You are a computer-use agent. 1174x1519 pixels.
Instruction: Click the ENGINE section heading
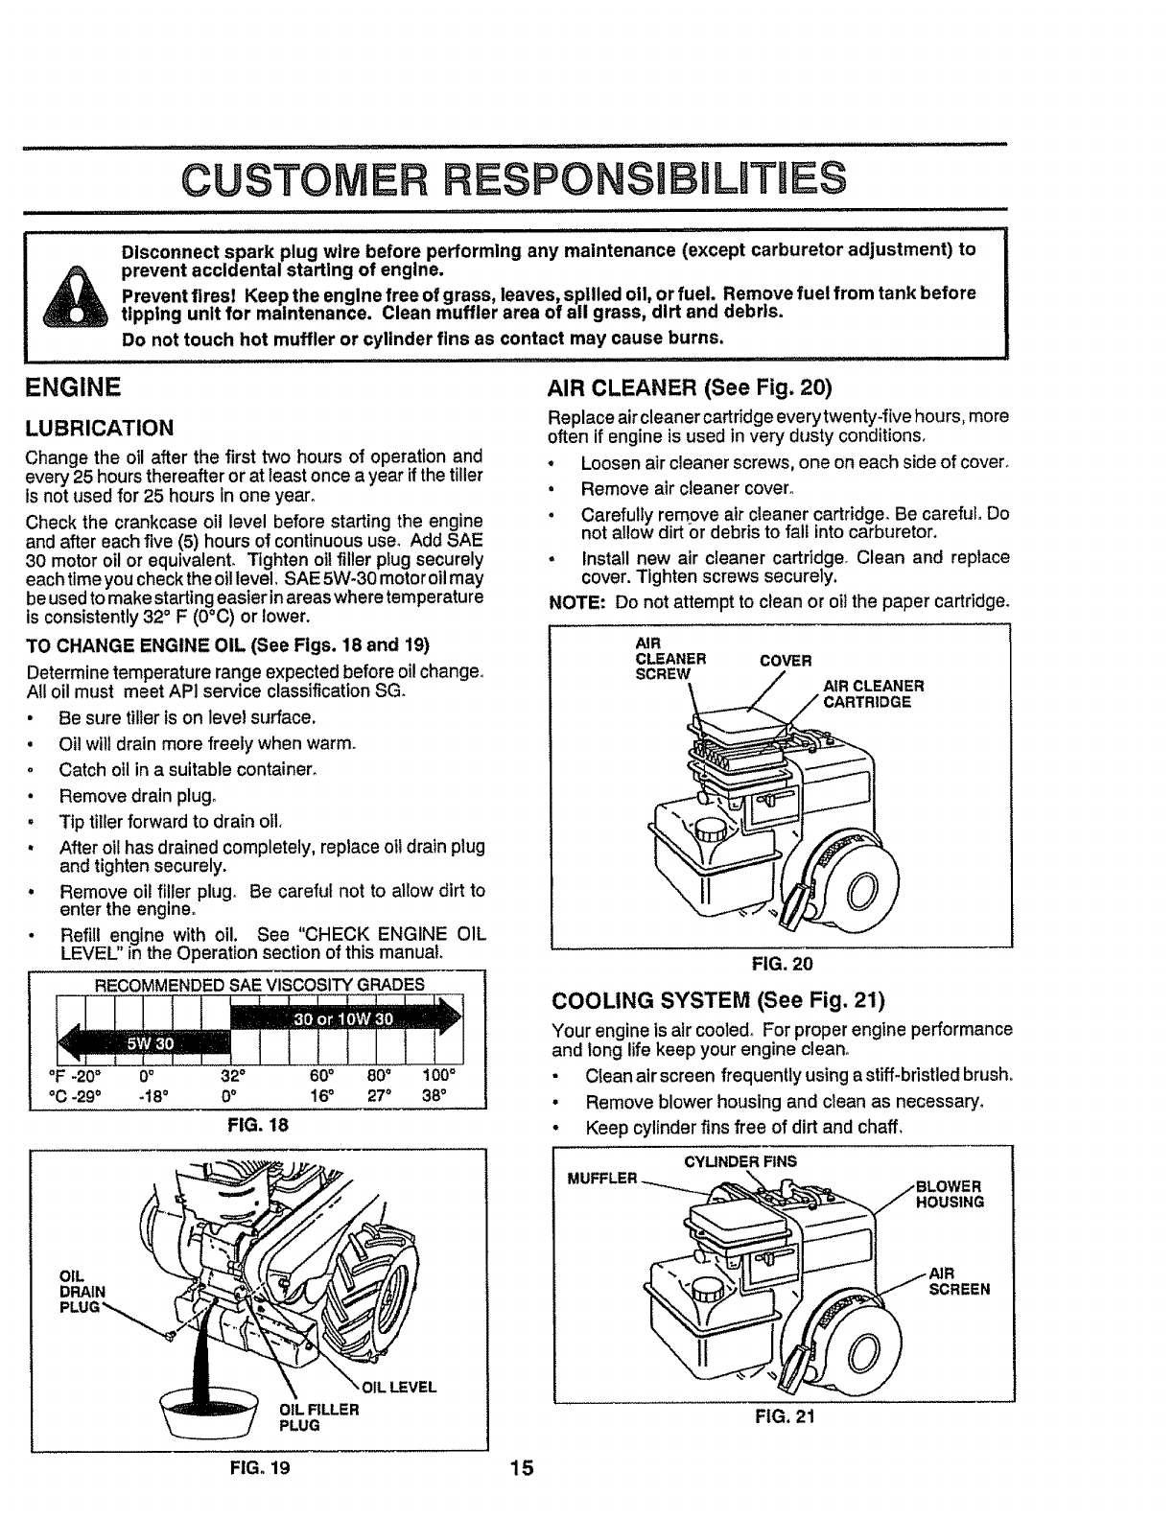coord(74,387)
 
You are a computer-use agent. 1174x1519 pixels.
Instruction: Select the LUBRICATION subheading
coord(100,428)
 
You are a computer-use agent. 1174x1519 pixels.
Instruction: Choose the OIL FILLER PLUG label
coord(318,1416)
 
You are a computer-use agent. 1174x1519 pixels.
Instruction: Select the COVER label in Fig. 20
coord(786,661)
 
